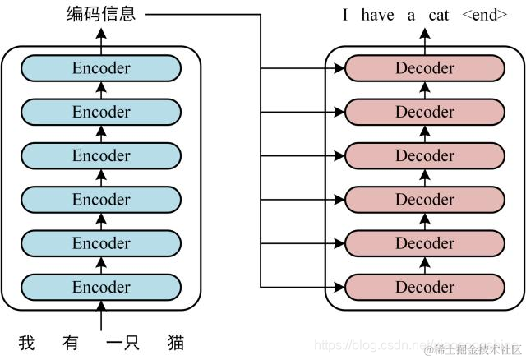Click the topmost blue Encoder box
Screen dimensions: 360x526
coord(101,68)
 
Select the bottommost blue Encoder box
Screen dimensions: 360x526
coord(101,287)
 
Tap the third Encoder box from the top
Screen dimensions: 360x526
coord(101,155)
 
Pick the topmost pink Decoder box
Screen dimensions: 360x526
coord(425,68)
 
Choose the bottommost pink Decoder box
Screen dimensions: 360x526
coord(425,287)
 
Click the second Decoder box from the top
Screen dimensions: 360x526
coord(425,112)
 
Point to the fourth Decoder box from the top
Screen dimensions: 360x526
coord(425,200)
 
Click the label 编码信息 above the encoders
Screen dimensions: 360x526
coord(101,14)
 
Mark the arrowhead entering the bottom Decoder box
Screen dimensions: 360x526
coord(338,287)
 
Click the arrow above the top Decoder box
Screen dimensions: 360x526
coord(425,37)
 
